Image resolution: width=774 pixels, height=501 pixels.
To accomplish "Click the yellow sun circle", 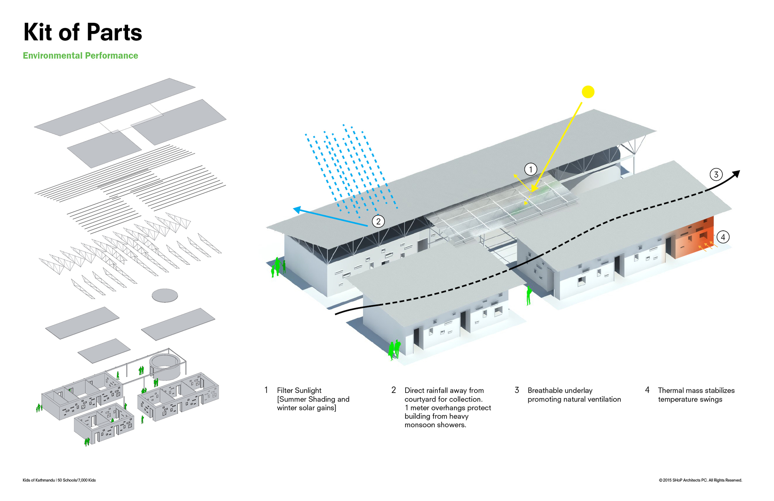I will tap(588, 92).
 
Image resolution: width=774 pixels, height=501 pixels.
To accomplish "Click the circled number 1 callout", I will tap(531, 169).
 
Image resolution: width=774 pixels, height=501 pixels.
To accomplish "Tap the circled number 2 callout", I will tap(378, 221).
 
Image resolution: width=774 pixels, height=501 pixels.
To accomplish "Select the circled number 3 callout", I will tap(716, 175).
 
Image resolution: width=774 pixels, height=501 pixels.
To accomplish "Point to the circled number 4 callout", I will tap(723, 237).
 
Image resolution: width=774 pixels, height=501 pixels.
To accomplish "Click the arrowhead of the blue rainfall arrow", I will tap(296, 210).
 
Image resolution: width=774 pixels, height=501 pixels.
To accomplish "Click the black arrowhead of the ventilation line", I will tap(736, 174).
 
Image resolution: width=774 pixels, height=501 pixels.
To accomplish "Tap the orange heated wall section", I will tap(695, 238).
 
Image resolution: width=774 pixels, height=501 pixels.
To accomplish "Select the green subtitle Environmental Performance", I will tap(80, 56).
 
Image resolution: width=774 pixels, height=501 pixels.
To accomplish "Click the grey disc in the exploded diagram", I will tap(165, 295).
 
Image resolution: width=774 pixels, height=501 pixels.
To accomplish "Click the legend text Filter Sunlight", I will tap(299, 390).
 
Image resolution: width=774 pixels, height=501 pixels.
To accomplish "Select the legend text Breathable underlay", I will tap(560, 390).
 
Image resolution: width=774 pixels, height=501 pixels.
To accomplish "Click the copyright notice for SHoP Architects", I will tap(700, 480).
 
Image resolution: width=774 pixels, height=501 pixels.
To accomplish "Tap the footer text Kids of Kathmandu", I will tap(39, 480).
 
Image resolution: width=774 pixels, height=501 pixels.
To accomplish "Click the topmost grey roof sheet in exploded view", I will tap(115, 107).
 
